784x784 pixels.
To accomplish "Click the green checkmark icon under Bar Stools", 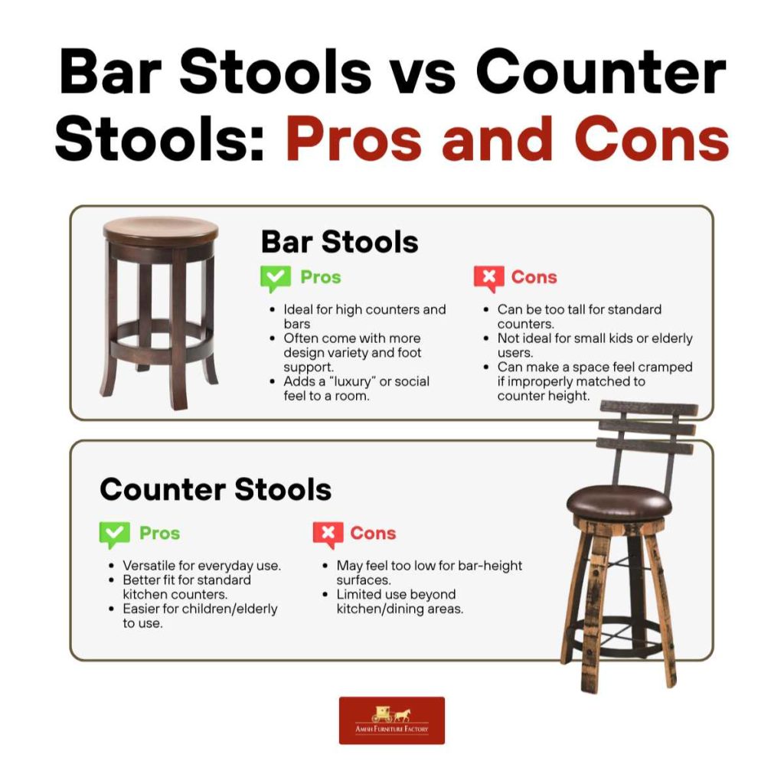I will (x=275, y=279).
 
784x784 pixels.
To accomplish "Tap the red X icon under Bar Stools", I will (x=488, y=279).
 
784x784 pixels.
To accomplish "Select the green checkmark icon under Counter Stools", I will (x=114, y=534).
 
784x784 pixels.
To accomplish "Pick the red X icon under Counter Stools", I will (x=328, y=534).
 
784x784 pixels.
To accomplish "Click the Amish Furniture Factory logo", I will (x=391, y=720).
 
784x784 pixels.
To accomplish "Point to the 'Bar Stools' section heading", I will (x=339, y=241).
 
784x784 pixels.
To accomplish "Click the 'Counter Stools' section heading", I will (x=215, y=489).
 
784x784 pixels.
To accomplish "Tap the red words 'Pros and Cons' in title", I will (x=507, y=139).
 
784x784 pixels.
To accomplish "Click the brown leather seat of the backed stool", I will (x=619, y=502).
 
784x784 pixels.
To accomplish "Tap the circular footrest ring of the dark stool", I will (x=160, y=345).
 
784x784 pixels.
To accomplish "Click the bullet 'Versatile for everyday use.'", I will (x=201, y=566).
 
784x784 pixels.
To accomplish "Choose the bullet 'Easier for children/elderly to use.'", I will (x=200, y=616).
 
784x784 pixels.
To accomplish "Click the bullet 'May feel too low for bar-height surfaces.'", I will (x=429, y=573).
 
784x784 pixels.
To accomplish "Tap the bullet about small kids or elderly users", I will (x=594, y=345).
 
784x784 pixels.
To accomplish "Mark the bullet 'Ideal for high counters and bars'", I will (x=364, y=317).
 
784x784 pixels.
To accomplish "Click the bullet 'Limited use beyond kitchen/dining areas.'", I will (x=399, y=602).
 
